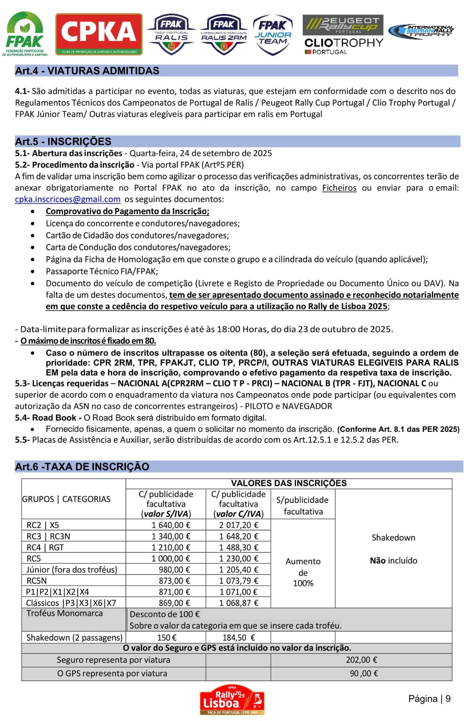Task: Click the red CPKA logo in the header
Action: [99, 34]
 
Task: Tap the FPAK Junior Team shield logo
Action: [273, 35]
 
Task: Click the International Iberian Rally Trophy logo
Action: [421, 31]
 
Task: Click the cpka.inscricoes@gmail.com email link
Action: [68, 199]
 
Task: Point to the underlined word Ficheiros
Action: [339, 188]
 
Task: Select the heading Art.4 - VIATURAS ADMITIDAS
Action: [87, 71]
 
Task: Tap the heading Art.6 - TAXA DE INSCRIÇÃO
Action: [82, 467]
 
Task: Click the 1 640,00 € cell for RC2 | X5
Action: [171, 525]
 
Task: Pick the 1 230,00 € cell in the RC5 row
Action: [239, 558]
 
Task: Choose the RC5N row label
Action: [36, 581]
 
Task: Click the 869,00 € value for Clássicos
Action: [174, 603]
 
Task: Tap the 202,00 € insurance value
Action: [361, 660]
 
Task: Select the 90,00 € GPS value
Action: [364, 673]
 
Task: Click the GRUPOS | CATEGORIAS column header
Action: [66, 499]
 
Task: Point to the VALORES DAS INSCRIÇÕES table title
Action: [289, 483]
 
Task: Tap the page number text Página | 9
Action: [429, 699]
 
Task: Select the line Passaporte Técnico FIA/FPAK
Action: [102, 271]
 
